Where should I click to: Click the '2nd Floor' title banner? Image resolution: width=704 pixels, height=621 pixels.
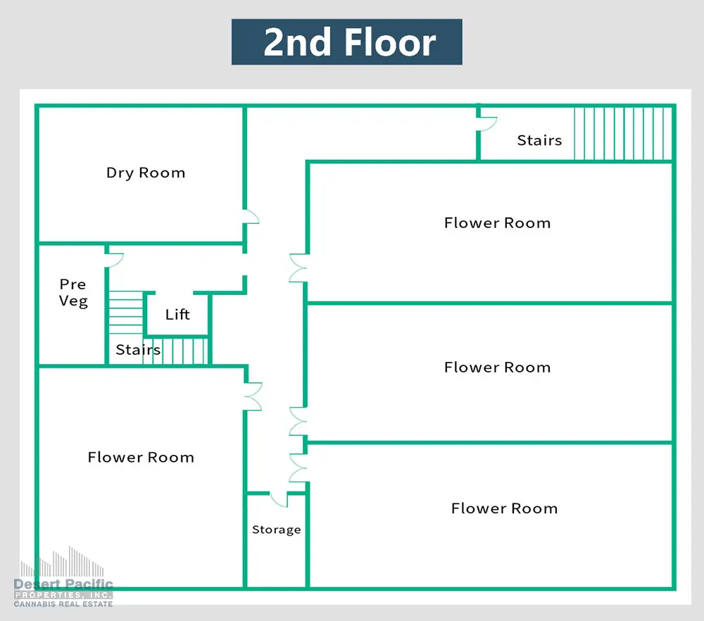click(x=346, y=42)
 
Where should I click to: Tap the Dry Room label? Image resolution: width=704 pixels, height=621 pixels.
click(x=146, y=173)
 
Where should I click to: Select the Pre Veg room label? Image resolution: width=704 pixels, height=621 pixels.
click(x=73, y=292)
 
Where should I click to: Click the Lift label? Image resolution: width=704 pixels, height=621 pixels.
click(x=177, y=314)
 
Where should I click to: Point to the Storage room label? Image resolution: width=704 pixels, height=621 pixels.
click(x=277, y=530)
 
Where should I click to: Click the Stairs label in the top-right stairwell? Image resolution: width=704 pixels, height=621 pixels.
click(x=539, y=140)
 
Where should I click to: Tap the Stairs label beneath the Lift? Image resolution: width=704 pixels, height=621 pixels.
click(x=138, y=349)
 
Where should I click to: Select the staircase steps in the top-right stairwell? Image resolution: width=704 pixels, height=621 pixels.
click(x=623, y=133)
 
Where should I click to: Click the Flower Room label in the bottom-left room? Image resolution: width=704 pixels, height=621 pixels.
click(x=141, y=457)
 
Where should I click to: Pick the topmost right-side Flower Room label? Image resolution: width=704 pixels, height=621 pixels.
click(x=498, y=222)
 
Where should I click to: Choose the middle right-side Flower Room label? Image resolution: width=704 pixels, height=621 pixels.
click(x=498, y=368)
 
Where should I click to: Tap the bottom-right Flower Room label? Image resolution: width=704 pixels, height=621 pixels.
click(x=504, y=508)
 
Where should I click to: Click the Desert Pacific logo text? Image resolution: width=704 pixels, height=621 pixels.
click(x=63, y=584)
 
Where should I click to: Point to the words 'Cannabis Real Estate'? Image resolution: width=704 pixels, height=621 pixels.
click(x=63, y=604)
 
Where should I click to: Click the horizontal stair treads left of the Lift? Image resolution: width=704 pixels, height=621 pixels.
click(x=126, y=312)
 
